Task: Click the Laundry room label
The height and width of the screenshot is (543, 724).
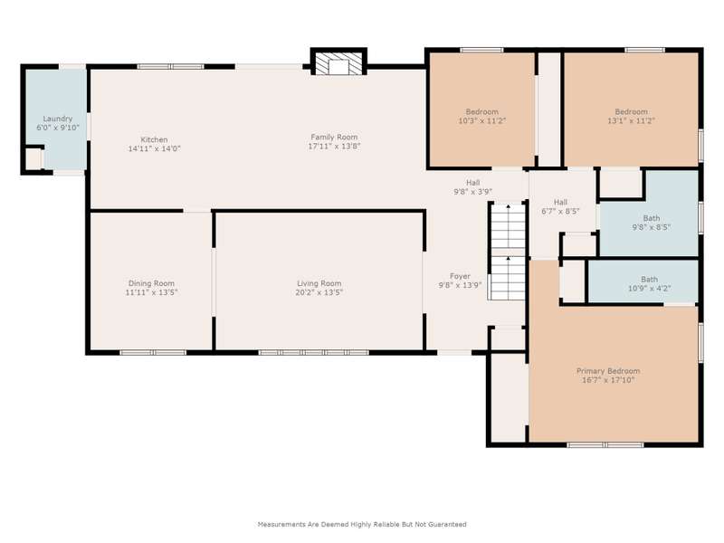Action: (58, 119)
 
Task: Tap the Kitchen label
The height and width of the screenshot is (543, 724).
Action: (154, 139)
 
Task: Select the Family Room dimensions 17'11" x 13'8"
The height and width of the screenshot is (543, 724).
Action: (334, 146)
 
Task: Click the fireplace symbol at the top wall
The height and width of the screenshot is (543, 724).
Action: (338, 62)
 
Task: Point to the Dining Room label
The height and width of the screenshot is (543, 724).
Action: (151, 283)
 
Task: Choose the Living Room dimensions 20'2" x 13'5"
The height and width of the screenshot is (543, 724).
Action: (319, 292)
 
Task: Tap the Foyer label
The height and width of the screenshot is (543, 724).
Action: (460, 276)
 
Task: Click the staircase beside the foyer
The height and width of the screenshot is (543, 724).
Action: (508, 252)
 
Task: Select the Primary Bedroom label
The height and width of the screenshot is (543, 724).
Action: (608, 371)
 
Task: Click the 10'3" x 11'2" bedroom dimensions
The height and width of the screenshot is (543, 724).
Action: (482, 120)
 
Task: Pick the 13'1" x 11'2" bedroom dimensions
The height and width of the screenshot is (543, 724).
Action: (631, 120)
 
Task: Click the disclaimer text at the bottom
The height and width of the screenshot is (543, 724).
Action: (362, 525)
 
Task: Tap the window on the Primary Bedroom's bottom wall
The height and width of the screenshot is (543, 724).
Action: (605, 444)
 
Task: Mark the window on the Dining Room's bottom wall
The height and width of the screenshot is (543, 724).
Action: (153, 352)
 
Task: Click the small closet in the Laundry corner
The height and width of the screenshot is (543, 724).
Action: (33, 159)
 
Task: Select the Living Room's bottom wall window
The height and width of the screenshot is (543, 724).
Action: (313, 352)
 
